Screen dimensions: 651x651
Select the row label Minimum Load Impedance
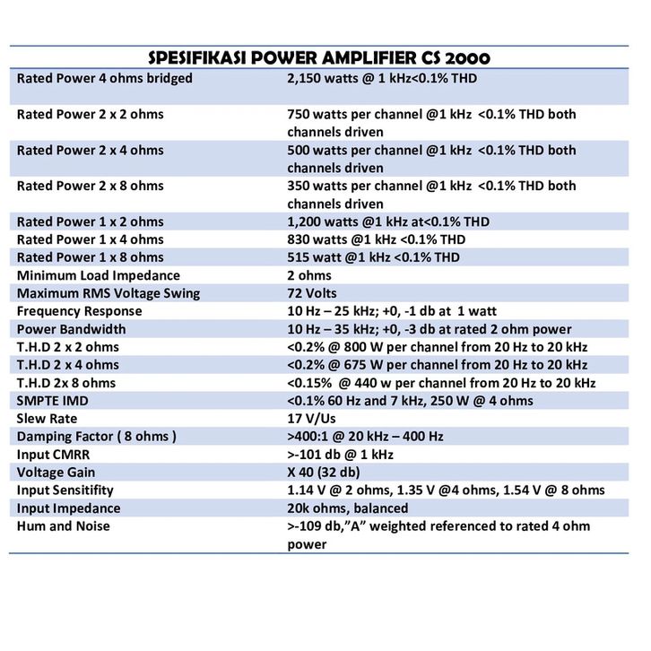pos(99,275)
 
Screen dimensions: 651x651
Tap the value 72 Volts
pos(312,293)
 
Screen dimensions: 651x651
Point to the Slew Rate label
pos(48,419)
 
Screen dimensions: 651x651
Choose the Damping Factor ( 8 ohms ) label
pos(97,437)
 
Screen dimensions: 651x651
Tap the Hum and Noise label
pos(64,526)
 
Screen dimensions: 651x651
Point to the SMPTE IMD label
pos(54,401)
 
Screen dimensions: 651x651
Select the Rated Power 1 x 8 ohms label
pos(91,257)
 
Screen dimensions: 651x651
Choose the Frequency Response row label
pos(80,311)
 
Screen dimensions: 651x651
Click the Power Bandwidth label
pos(72,329)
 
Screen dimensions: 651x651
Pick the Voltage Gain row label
pos(56,473)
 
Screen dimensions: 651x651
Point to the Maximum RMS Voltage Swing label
pos(108,293)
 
